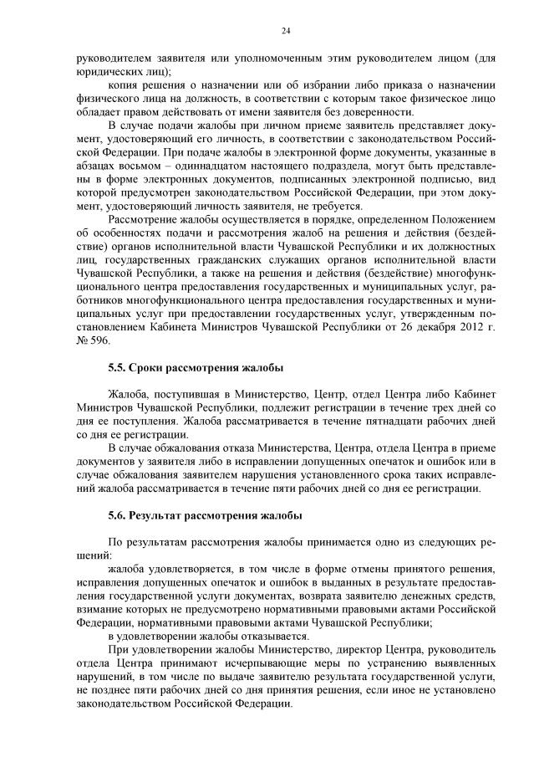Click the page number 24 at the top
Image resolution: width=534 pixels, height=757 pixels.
tap(285, 31)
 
